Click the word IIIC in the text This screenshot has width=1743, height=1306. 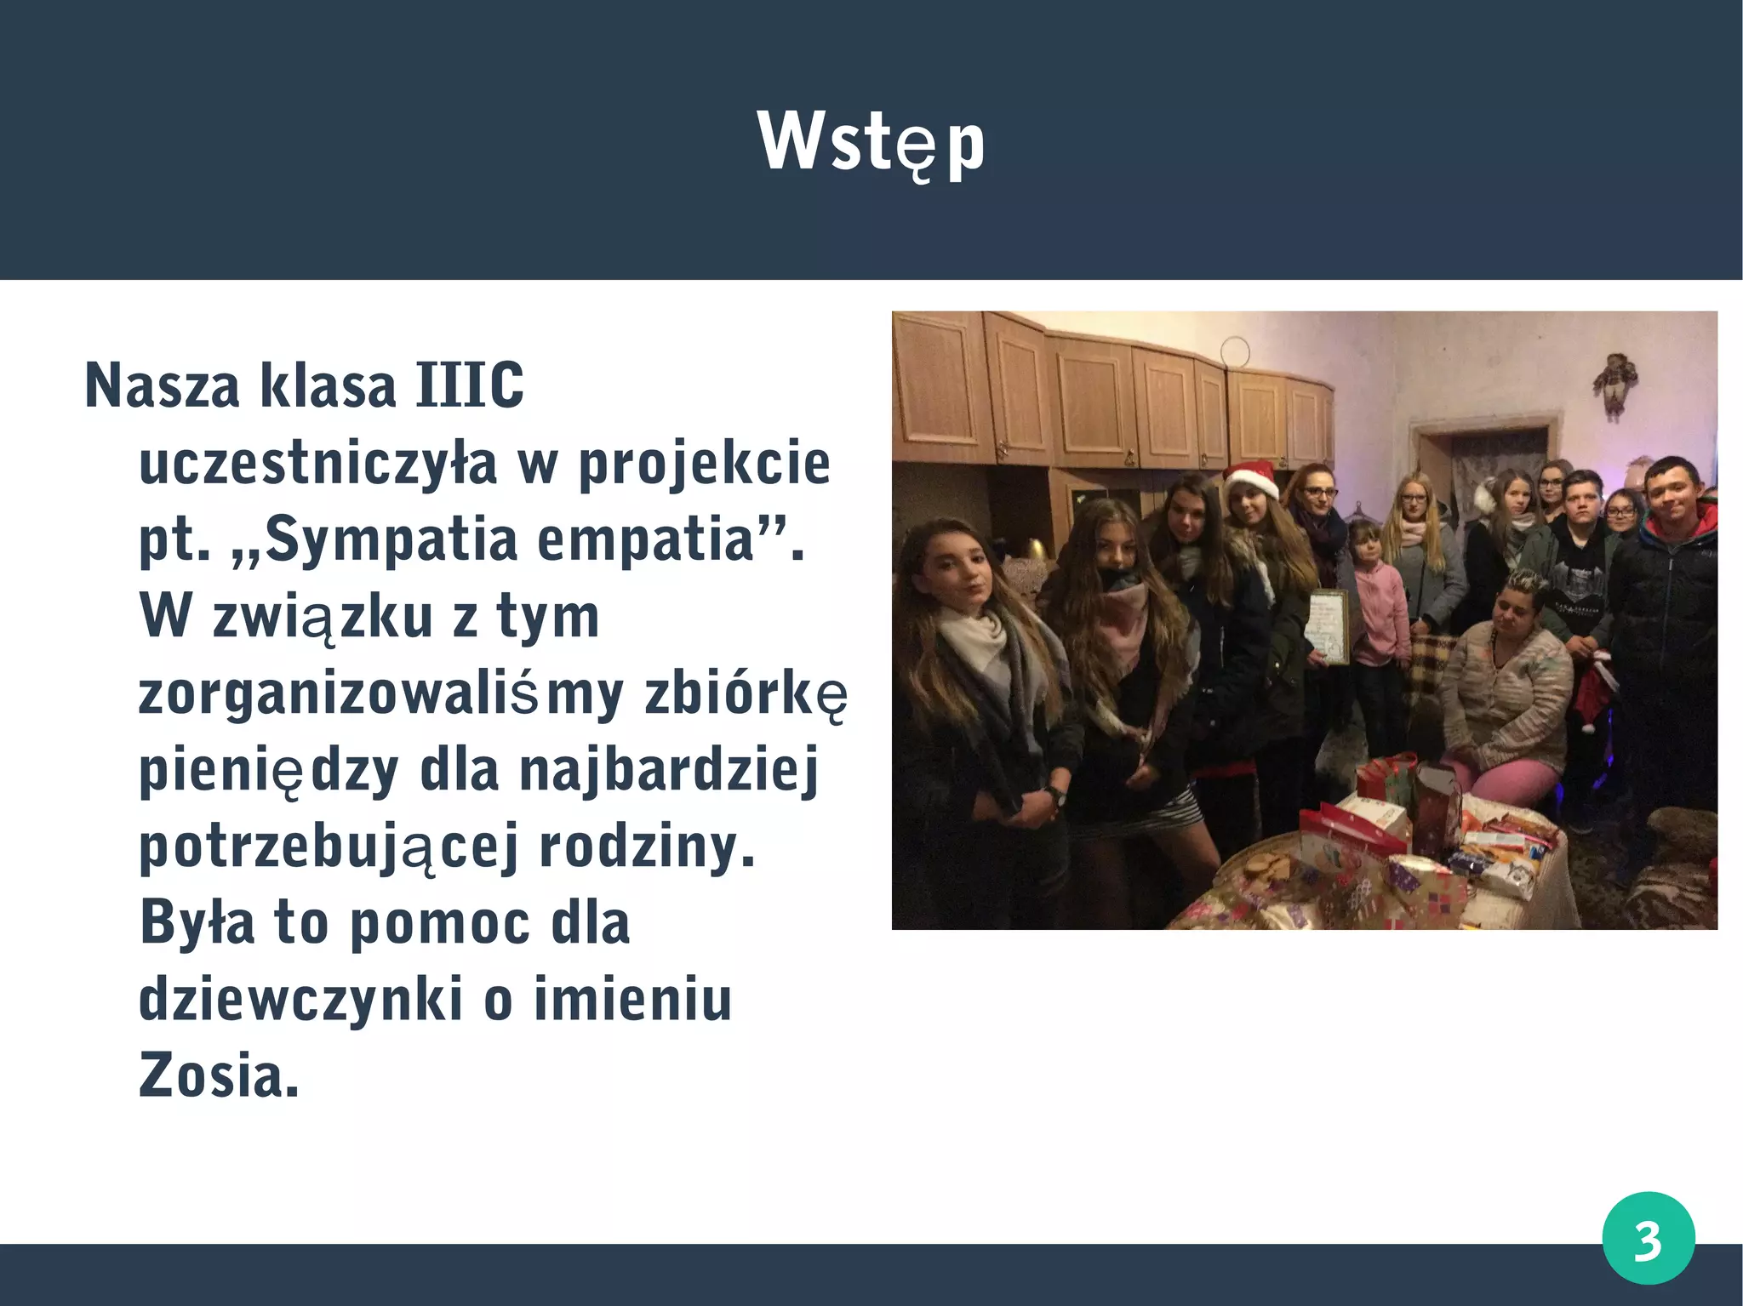pyautogui.click(x=470, y=385)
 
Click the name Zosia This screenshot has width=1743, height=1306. pyautogui.click(x=219, y=1075)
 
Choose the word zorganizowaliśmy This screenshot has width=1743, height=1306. pyautogui.click(x=381, y=693)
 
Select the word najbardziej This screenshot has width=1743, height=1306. pyautogui.click(x=669, y=770)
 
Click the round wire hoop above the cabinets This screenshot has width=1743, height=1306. pyautogui.click(x=1234, y=350)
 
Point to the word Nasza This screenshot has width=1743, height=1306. pyautogui.click(x=163, y=385)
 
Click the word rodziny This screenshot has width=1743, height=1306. pyautogui.click(x=647, y=847)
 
